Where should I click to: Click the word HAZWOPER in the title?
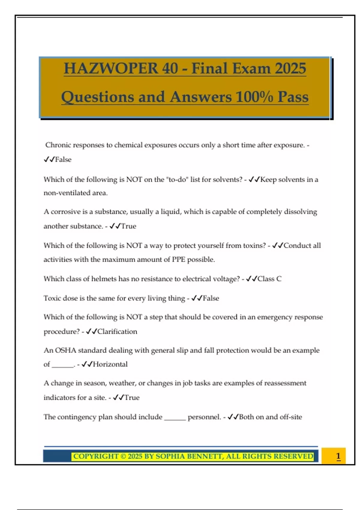point(111,68)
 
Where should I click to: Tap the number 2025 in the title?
point(290,68)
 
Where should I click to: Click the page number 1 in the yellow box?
point(338,456)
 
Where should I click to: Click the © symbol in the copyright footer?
point(123,456)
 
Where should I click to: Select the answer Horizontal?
point(110,364)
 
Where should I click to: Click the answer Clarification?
point(117,331)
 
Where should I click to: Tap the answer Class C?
point(269,279)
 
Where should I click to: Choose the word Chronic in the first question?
point(58,145)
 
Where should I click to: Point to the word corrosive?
point(65,212)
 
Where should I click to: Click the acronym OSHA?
point(65,350)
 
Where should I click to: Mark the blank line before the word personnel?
point(175,418)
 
